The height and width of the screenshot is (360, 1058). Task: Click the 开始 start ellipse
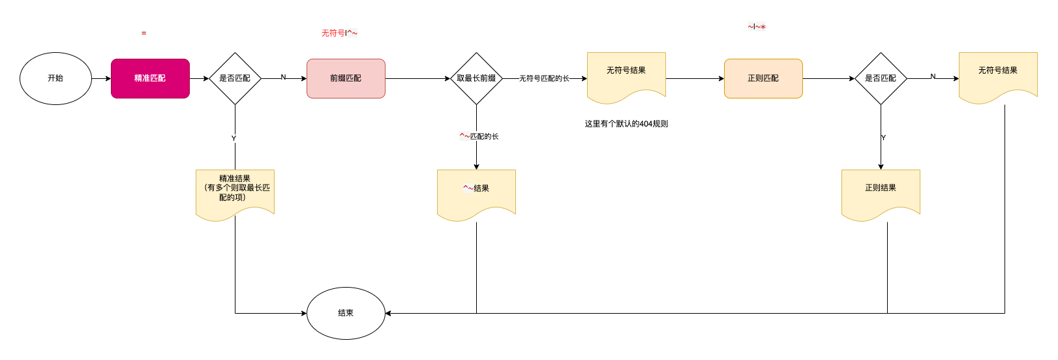55,78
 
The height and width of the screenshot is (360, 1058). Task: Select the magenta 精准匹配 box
150,78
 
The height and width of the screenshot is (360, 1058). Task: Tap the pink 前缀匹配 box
346,78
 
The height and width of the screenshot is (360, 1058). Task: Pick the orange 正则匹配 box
763,78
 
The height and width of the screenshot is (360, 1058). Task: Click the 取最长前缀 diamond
476,78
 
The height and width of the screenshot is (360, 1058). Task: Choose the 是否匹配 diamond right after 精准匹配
235,78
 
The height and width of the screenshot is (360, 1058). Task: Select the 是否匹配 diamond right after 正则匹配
881,78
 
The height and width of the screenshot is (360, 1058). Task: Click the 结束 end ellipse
346,313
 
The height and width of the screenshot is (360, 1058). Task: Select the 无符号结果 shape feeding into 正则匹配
626,75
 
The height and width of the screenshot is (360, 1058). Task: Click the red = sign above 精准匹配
144,33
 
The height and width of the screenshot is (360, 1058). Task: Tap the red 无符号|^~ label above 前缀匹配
339,33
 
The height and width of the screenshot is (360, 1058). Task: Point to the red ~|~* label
757,27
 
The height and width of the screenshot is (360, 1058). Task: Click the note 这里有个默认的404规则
626,124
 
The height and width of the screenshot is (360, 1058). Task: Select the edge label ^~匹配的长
479,136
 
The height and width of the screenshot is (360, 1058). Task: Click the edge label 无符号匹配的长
544,78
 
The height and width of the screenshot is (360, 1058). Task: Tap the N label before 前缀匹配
283,77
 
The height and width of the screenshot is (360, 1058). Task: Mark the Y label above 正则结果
883,138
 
